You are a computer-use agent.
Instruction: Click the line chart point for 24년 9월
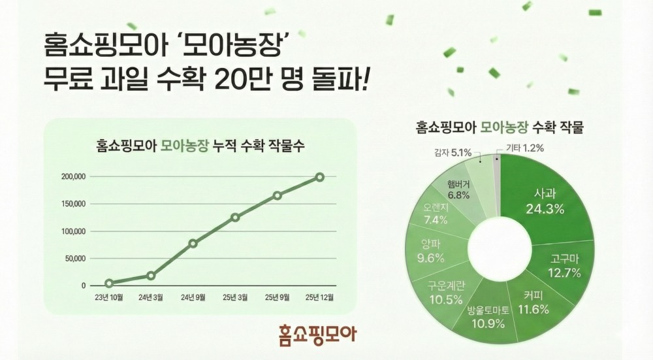pos(193,243)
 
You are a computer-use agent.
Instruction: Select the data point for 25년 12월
pos(319,176)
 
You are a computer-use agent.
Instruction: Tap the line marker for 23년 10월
pos(109,284)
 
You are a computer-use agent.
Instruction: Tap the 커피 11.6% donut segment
pos(526,303)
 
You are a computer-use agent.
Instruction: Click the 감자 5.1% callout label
pos(453,154)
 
